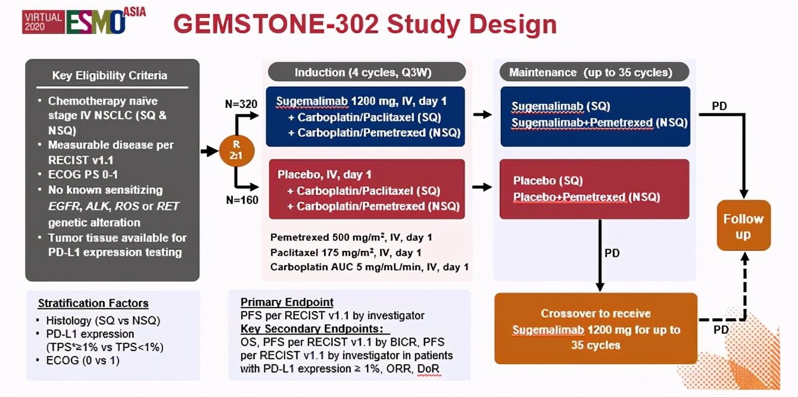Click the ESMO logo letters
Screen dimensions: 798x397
coord(95,22)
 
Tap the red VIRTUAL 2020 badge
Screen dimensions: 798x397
coord(43,22)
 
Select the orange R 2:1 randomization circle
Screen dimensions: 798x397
coord(236,151)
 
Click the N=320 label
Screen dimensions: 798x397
coord(241,104)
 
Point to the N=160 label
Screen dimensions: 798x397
coord(242,200)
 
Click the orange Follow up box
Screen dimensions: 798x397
coord(743,225)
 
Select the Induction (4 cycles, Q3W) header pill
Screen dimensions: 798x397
coord(367,72)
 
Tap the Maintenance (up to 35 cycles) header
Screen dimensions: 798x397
coord(594,72)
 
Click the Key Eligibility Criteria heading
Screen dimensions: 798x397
coord(110,75)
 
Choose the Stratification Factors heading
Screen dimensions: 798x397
coord(93,303)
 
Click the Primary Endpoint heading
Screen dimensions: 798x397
coord(287,302)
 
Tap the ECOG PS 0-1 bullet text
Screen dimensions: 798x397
coord(83,175)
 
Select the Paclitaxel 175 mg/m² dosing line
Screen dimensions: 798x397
coord(345,253)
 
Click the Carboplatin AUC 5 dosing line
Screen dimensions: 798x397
coord(369,267)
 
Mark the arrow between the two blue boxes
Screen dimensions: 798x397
coord(483,114)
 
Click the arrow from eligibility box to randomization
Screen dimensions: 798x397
coord(210,151)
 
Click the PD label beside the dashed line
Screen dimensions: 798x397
coord(721,330)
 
